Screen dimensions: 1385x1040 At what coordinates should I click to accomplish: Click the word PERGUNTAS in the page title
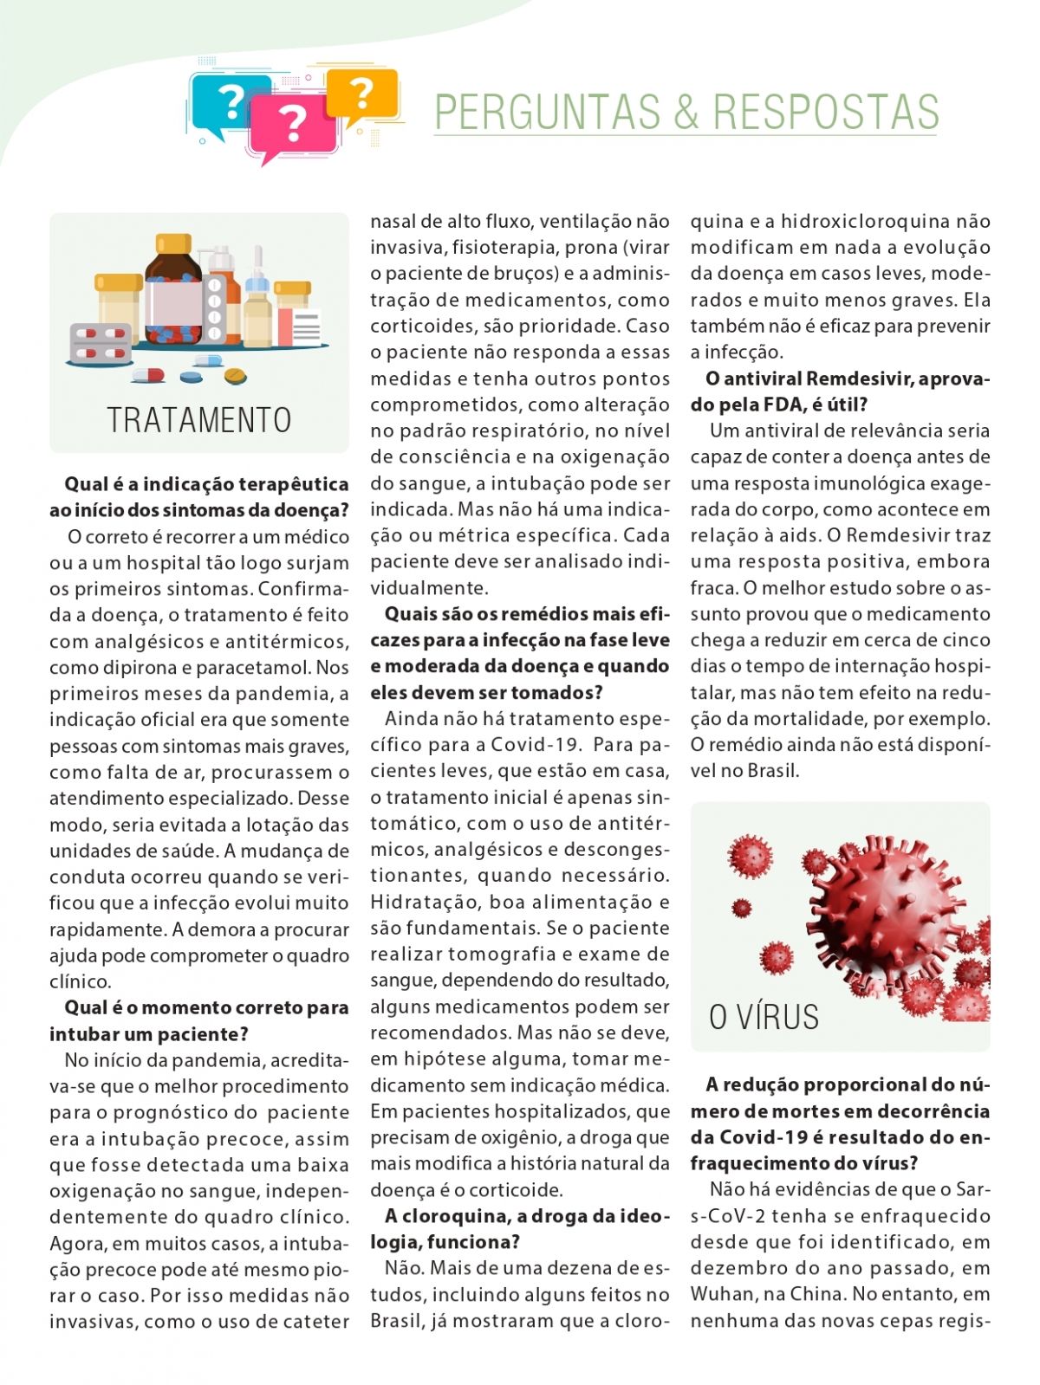pos(547,113)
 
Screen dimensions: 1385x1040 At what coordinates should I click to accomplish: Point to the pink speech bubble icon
pos(292,126)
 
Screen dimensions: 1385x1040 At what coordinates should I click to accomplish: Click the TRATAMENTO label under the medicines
pos(199,420)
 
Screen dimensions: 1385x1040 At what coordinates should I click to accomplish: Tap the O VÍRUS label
pos(764,1017)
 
